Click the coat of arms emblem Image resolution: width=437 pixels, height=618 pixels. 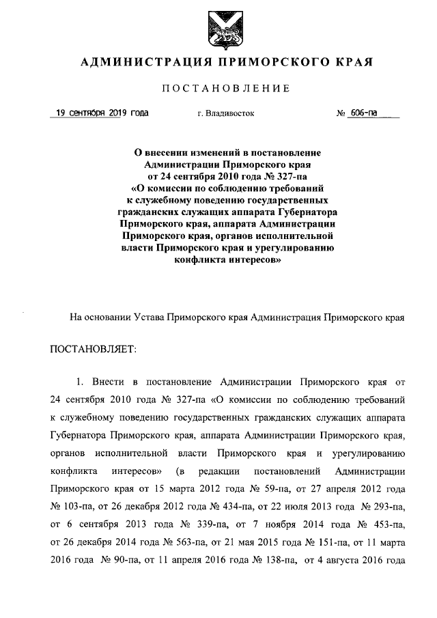pyautogui.click(x=218, y=27)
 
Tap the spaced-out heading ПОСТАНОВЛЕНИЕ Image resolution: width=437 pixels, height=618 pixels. pyautogui.click(x=225, y=89)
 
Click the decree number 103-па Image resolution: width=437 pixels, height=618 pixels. pyautogui.click(x=73, y=507)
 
